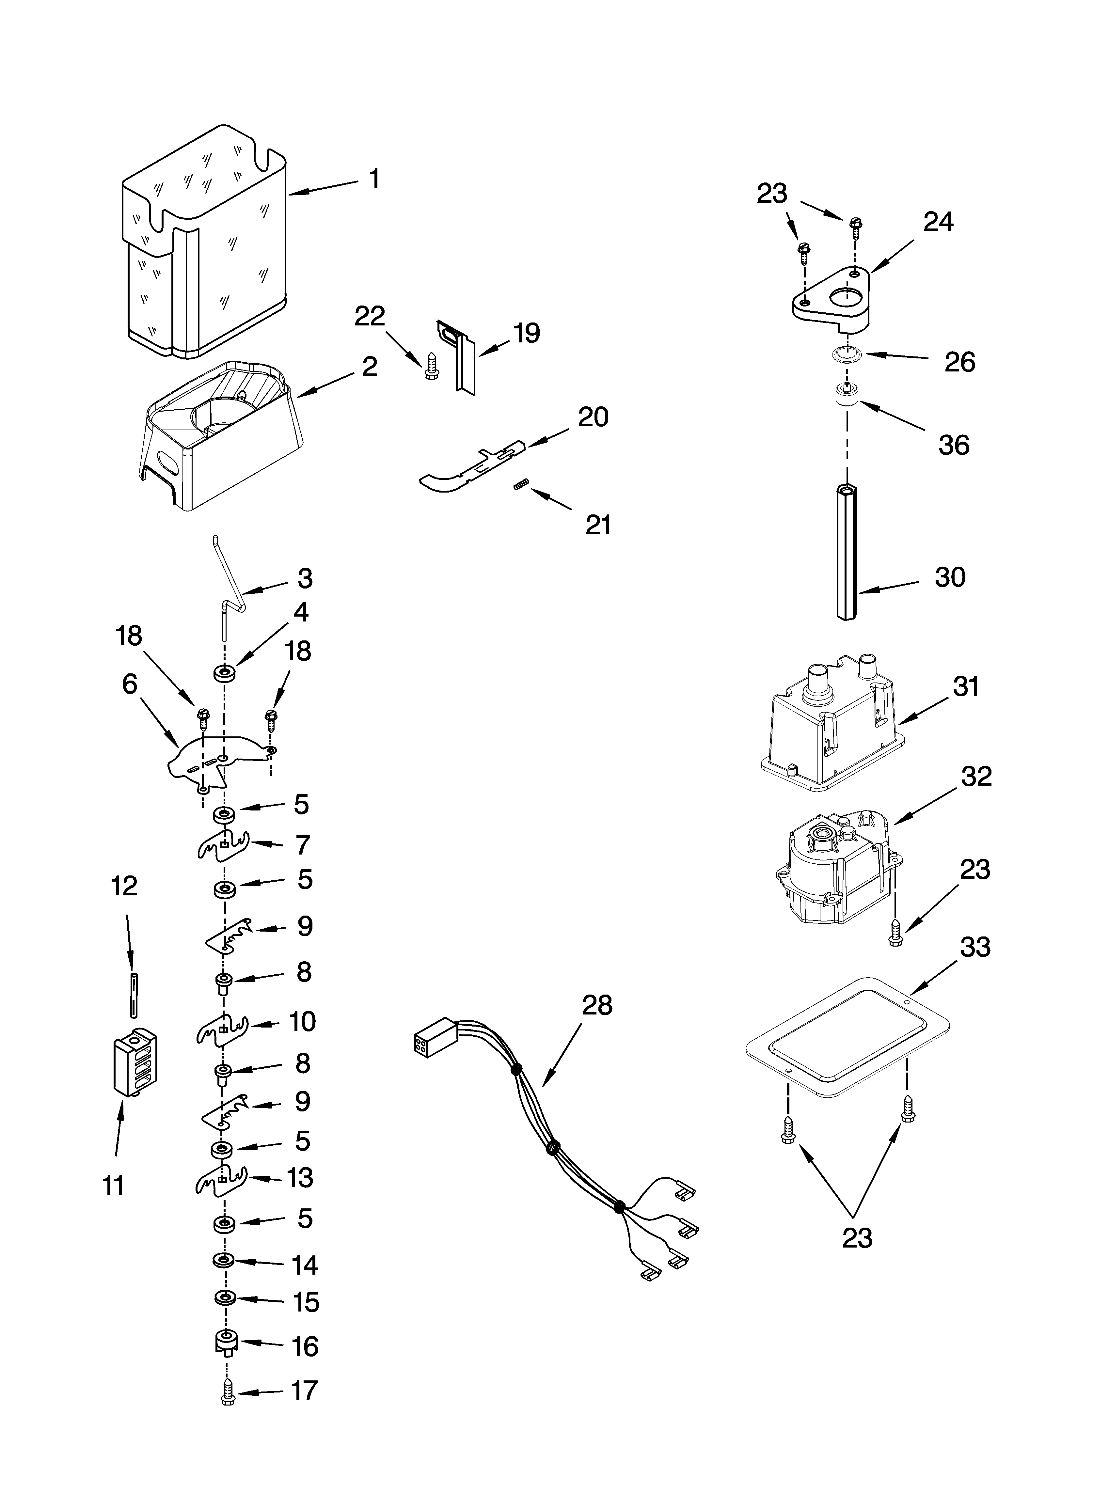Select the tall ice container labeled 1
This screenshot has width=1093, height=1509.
pyautogui.click(x=205, y=246)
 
